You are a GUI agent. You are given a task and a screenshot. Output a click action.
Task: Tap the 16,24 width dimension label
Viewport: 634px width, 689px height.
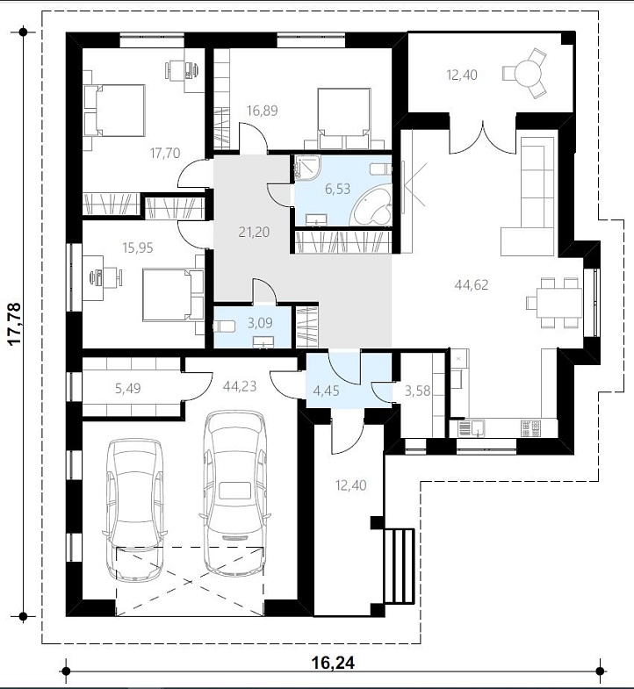point(333,662)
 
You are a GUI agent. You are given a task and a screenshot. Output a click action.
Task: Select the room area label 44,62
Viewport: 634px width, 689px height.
point(472,285)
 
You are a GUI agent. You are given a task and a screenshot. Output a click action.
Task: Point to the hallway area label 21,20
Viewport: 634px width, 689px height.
point(254,232)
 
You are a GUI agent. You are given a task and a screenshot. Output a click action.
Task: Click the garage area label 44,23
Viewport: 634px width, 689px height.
point(240,386)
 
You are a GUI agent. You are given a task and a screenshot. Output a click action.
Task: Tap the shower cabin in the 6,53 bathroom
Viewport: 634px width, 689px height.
point(306,169)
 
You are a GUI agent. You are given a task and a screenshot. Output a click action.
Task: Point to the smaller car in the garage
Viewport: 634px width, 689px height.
point(135,509)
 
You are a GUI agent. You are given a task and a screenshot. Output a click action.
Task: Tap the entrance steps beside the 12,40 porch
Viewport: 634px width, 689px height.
point(400,566)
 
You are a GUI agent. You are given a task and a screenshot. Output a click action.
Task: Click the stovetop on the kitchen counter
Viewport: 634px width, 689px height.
point(530,428)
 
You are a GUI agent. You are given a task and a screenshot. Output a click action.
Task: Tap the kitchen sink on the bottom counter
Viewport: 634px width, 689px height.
point(471,428)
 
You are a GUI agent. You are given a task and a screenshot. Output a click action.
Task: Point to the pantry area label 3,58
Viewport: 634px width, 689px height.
point(417,391)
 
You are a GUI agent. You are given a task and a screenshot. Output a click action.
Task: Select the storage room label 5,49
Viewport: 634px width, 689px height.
point(127,388)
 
